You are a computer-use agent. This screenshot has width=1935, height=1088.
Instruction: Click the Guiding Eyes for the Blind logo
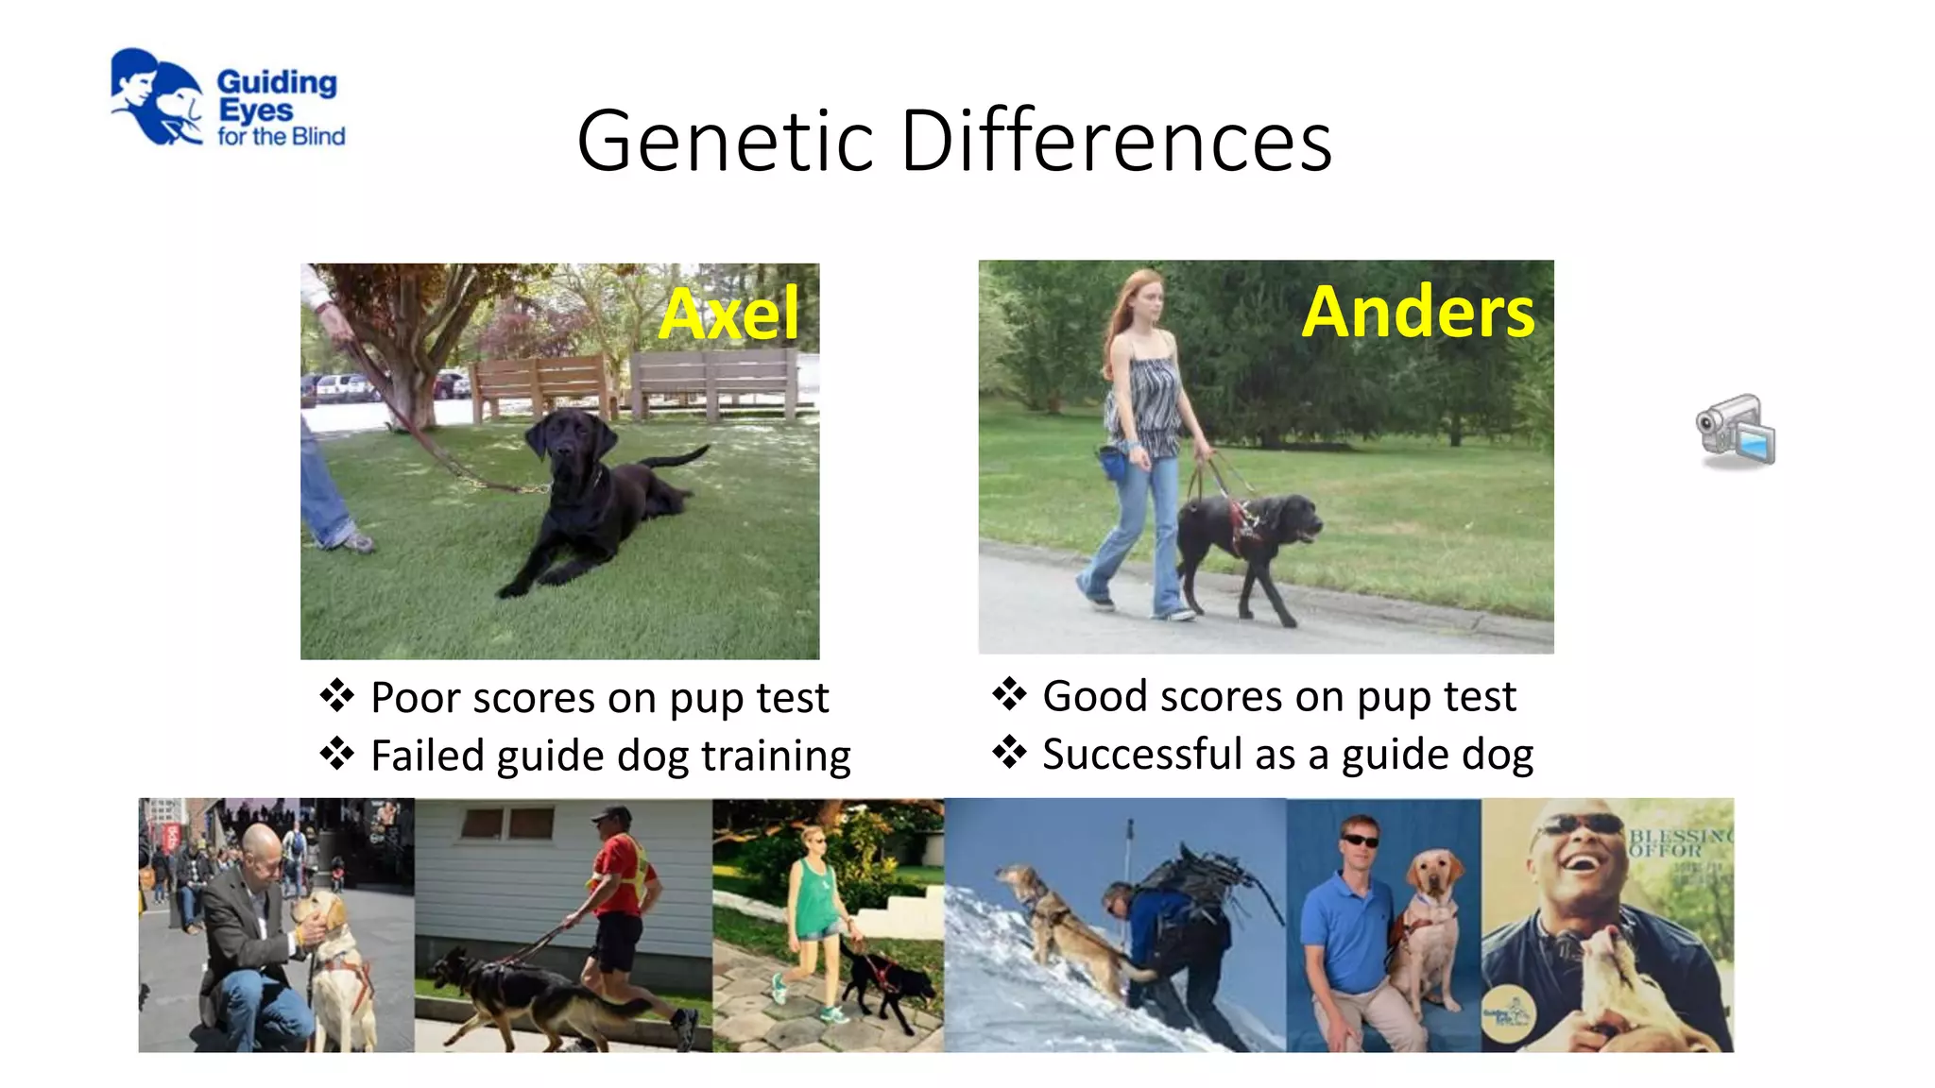point(227,98)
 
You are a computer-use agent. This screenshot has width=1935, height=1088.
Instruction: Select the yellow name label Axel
point(728,314)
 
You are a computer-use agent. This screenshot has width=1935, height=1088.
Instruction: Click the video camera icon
point(1736,431)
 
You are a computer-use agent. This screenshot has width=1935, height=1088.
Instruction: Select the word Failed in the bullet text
point(427,756)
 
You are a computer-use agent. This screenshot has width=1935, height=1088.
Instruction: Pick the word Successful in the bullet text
point(1141,755)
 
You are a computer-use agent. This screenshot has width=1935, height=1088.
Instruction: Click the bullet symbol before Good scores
point(1008,694)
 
